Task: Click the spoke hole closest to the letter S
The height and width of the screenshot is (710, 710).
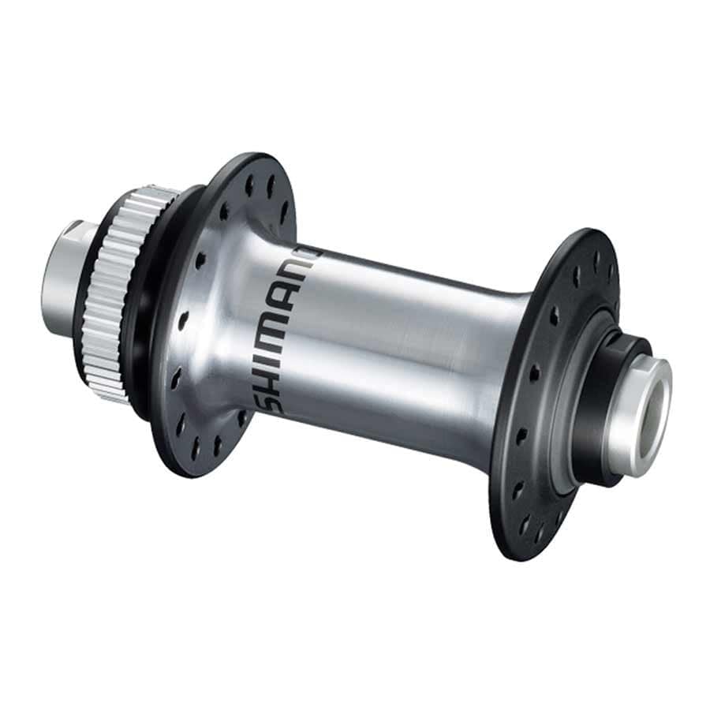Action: [x=241, y=415]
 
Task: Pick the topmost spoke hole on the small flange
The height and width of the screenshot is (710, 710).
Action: [x=597, y=257]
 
